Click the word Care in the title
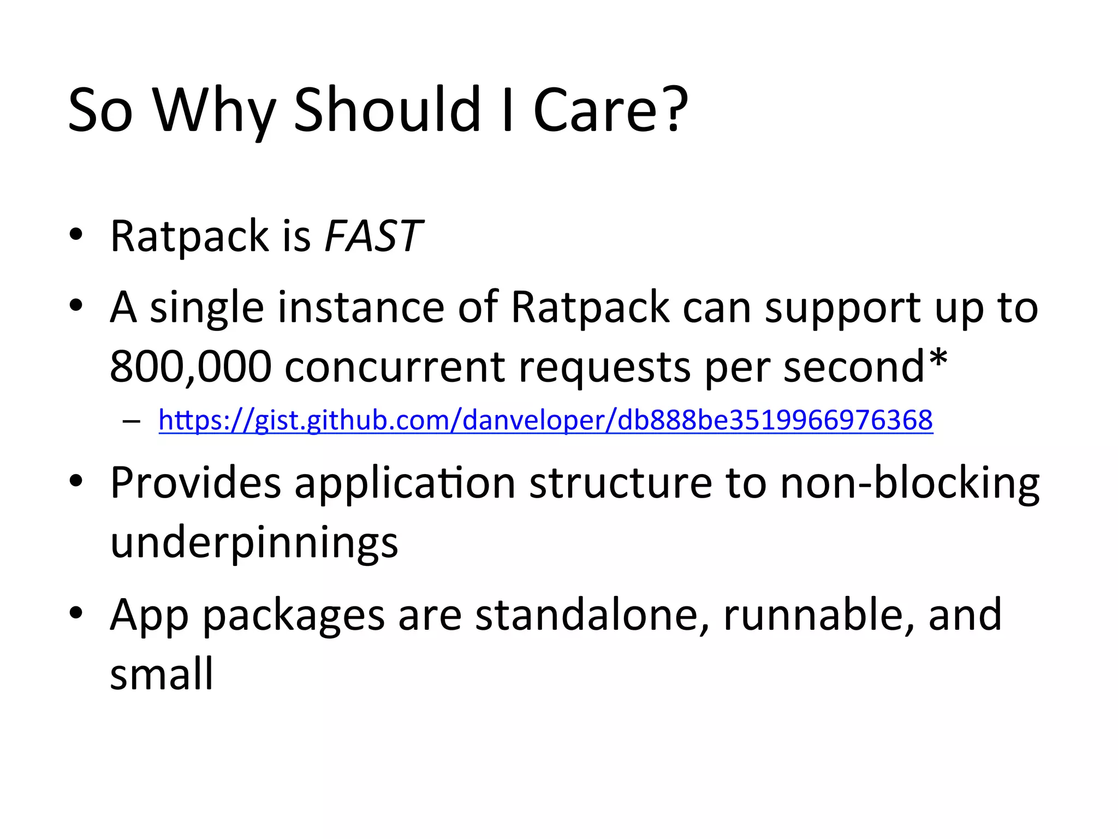coord(598,111)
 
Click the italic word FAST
coord(373,237)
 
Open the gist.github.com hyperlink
coord(545,421)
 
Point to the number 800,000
coord(191,367)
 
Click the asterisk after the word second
coord(938,358)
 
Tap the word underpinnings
coord(254,543)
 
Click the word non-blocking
coord(909,483)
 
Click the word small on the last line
coord(161,674)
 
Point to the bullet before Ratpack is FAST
coord(76,235)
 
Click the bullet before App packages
coord(76,613)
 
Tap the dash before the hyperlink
coord(131,422)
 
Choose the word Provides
coord(195,483)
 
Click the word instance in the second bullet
coord(361,308)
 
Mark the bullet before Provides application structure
coord(76,481)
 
